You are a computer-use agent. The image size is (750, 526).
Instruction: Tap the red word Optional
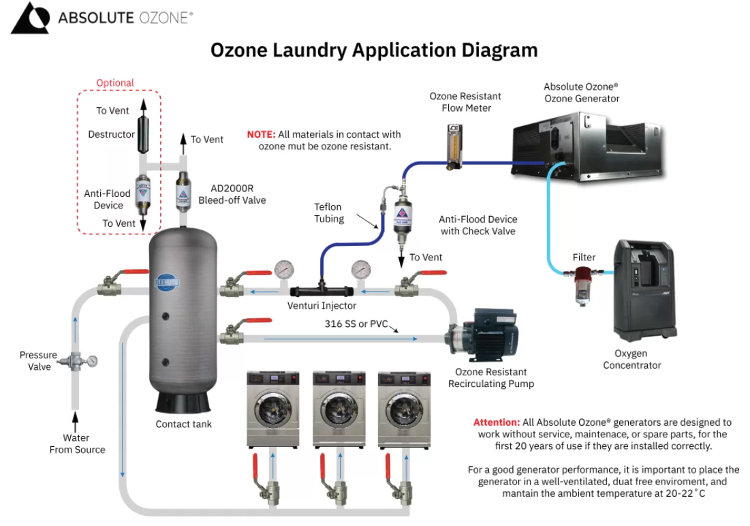pos(115,83)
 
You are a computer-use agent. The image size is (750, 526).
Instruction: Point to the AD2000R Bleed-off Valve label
pos(232,194)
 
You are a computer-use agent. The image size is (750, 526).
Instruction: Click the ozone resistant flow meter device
pos(450,146)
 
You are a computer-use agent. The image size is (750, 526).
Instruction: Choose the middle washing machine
pos(339,409)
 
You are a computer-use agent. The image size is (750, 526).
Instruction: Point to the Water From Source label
pos(77,444)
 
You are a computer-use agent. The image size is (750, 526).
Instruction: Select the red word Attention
pos(497,422)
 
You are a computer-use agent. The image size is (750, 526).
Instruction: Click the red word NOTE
pos(261,134)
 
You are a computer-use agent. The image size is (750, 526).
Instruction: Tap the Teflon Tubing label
pos(328,213)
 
